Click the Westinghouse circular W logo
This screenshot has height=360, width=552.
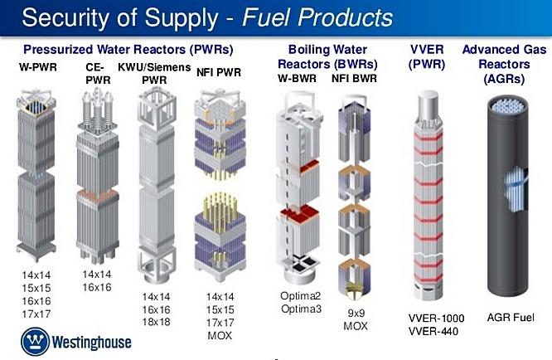coord(35,341)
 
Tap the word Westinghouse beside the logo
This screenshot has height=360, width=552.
coord(91,343)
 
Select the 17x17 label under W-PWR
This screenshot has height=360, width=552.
coord(36,314)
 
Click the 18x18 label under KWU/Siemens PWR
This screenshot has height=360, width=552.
coord(156,322)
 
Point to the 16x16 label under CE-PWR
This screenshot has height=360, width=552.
coord(97,288)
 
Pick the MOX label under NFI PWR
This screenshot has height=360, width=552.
coord(220,335)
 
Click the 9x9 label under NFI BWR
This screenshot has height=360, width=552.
coord(356,313)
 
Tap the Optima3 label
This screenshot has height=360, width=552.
coord(301,309)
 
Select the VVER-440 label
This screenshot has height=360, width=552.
coord(433,332)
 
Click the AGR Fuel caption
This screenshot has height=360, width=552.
coord(511,318)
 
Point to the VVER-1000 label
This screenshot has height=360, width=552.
coord(436,318)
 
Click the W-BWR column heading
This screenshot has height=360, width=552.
coord(297,78)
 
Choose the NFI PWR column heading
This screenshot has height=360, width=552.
coord(219,72)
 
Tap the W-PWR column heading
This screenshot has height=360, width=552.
coord(38,67)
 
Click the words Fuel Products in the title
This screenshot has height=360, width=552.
coord(317,17)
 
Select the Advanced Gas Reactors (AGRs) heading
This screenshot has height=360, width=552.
coord(504,64)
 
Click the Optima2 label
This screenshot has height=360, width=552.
coord(300,296)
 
